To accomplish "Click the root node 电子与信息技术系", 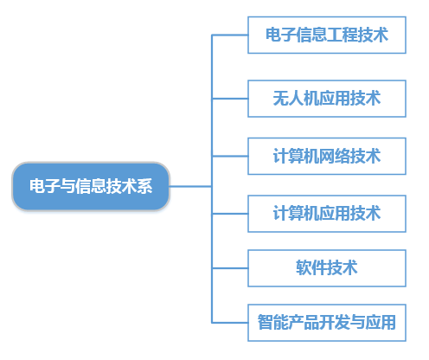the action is point(91,186).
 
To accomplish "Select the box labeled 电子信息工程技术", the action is point(327,35).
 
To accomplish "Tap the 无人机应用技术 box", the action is point(327,99).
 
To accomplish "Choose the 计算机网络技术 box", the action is point(327,156).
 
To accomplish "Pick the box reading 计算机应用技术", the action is point(327,214).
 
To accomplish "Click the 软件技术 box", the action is point(327,268).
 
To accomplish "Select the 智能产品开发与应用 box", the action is point(327,323).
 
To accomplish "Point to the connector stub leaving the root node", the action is point(190,186).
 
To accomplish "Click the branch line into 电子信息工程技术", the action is point(230,35).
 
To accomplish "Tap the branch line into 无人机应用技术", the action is point(230,99).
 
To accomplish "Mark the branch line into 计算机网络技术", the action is point(230,156).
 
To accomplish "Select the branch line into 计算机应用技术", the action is point(230,214).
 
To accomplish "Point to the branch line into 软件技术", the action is point(230,268).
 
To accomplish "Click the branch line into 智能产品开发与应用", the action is point(230,323).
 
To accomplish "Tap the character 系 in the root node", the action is point(144,186).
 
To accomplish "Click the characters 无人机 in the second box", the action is point(296,99).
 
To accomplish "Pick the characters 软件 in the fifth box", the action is point(311,268).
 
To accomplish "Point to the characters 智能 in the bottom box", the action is point(273,322).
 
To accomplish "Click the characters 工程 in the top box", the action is point(343,35).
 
